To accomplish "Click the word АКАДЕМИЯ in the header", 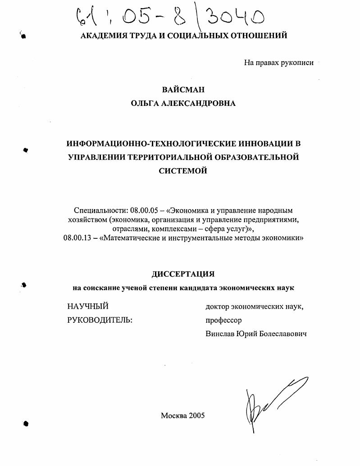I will pyautogui.click(x=103, y=36).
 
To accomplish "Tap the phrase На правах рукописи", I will pyautogui.click(x=278, y=63).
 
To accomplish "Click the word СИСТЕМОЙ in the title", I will pyautogui.click(x=182, y=171).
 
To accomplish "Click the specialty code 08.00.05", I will pyautogui.click(x=144, y=210).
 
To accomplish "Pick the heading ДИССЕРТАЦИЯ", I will pyautogui.click(x=182, y=274).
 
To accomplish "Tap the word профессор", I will pyautogui.click(x=223, y=320).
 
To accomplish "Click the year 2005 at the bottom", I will pyautogui.click(x=196, y=416).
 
